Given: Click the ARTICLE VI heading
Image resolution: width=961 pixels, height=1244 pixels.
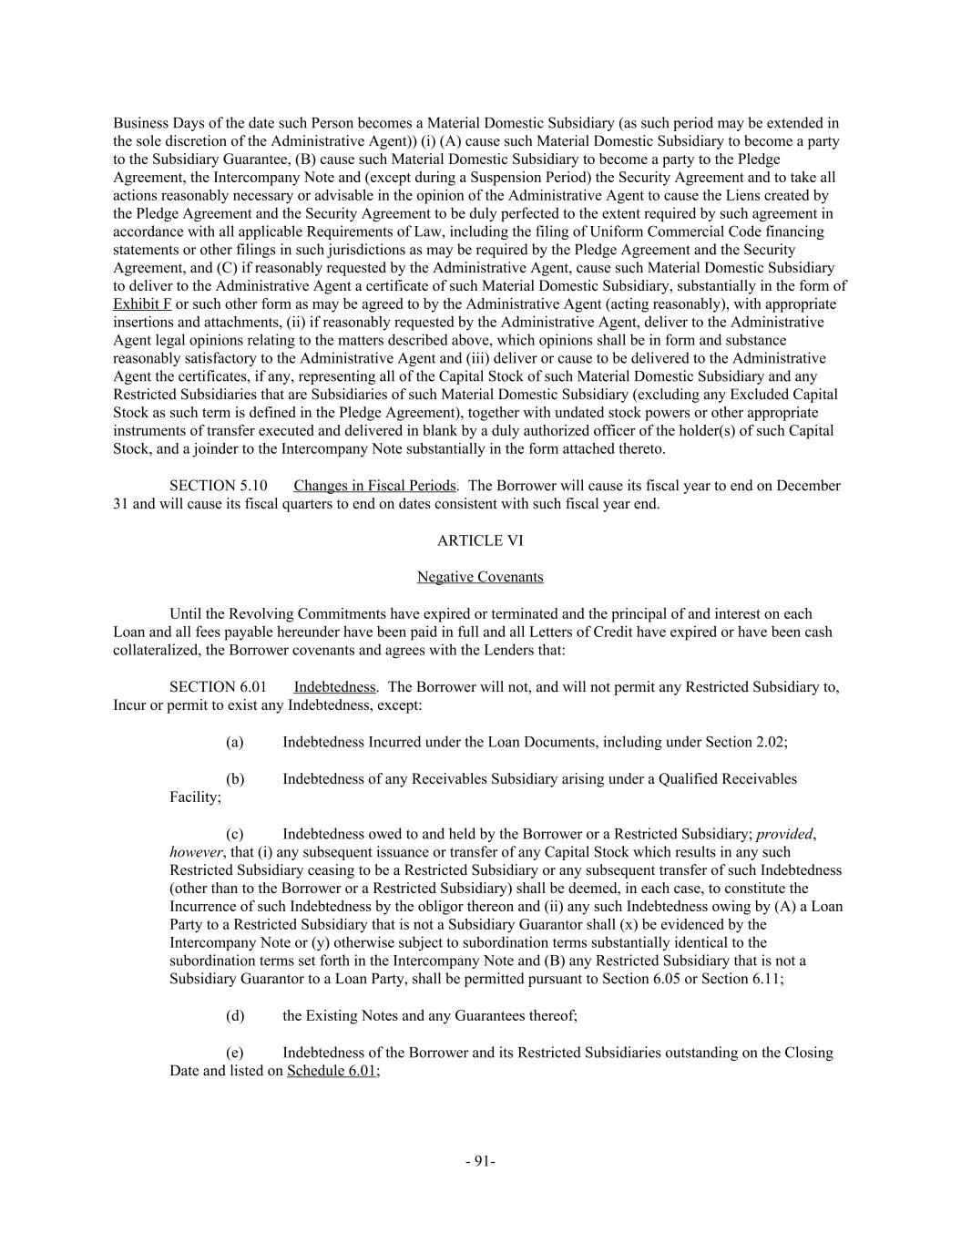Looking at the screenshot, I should click(480, 540).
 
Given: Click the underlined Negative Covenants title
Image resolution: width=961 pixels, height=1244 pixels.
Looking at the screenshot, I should click(480, 577).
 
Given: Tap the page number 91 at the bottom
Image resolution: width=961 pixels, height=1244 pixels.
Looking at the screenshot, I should click(480, 1161).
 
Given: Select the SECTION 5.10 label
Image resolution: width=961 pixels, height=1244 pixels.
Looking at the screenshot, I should click(218, 486).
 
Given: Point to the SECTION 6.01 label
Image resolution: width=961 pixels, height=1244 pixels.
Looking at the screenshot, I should click(218, 687).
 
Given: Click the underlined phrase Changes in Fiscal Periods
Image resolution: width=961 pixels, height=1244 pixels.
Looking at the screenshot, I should click(373, 486).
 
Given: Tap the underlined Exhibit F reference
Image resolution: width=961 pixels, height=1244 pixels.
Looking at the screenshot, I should click(142, 303).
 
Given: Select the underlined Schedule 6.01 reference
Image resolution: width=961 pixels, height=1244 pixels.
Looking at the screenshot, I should click(332, 1071).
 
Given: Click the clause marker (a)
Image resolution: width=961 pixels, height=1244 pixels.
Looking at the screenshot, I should click(234, 742).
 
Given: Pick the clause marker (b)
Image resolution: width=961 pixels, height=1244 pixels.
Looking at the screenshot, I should click(234, 779).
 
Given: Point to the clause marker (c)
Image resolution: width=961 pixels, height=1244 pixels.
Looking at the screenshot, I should click(234, 834).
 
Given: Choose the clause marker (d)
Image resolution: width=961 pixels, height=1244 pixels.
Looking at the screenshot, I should click(234, 1015).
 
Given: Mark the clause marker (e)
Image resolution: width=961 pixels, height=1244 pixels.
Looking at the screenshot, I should click(234, 1053).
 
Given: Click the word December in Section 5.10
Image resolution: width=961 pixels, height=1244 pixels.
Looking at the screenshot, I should click(810, 486).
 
